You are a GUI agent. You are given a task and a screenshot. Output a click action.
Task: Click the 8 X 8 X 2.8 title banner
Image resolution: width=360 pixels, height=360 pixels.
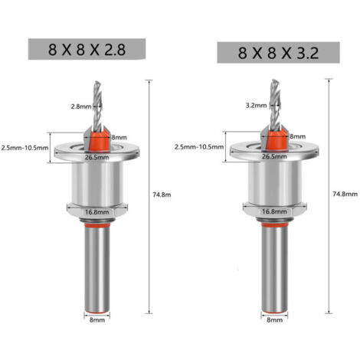[87, 49]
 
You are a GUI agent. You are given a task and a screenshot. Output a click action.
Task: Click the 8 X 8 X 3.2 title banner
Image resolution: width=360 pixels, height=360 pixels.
[278, 53]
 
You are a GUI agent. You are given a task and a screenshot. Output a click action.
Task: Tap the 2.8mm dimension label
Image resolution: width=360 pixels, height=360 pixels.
[81, 106]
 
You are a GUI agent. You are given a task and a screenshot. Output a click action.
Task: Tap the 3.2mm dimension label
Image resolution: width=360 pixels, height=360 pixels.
[256, 106]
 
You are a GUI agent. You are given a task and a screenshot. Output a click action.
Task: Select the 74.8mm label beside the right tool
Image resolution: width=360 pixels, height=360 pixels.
[345, 194]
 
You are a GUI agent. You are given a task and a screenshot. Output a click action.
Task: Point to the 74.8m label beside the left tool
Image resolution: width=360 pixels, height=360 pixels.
[162, 195]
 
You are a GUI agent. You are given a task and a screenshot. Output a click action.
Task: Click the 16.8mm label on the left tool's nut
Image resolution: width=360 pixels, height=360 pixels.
[97, 212]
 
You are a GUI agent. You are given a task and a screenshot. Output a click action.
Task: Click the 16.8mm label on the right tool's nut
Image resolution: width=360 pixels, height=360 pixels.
[274, 211]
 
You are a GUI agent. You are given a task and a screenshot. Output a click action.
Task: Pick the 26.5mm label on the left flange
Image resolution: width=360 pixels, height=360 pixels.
[97, 157]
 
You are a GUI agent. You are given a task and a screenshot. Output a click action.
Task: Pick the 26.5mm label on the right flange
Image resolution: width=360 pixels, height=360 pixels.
[274, 156]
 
